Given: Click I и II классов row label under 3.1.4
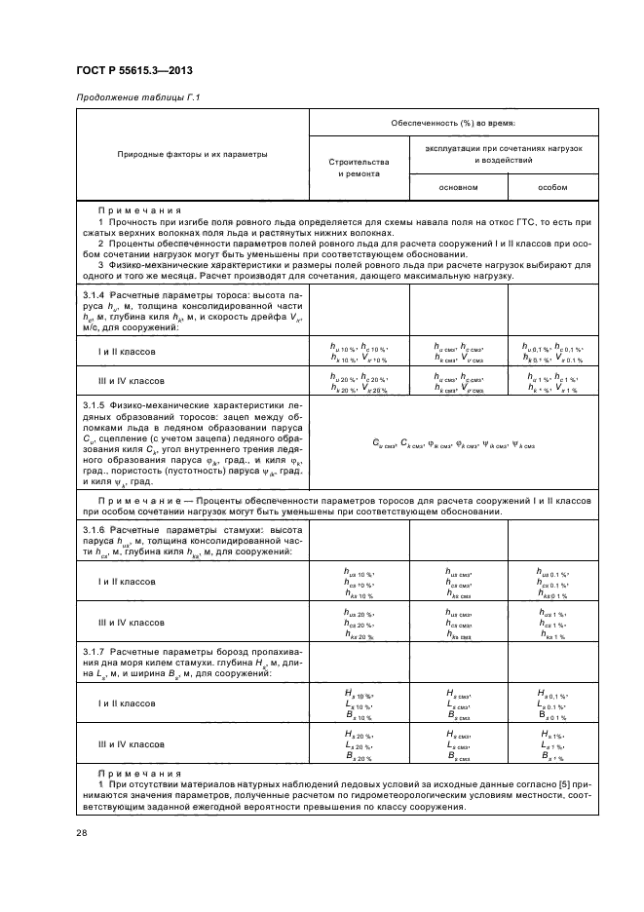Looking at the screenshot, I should [123, 352].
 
